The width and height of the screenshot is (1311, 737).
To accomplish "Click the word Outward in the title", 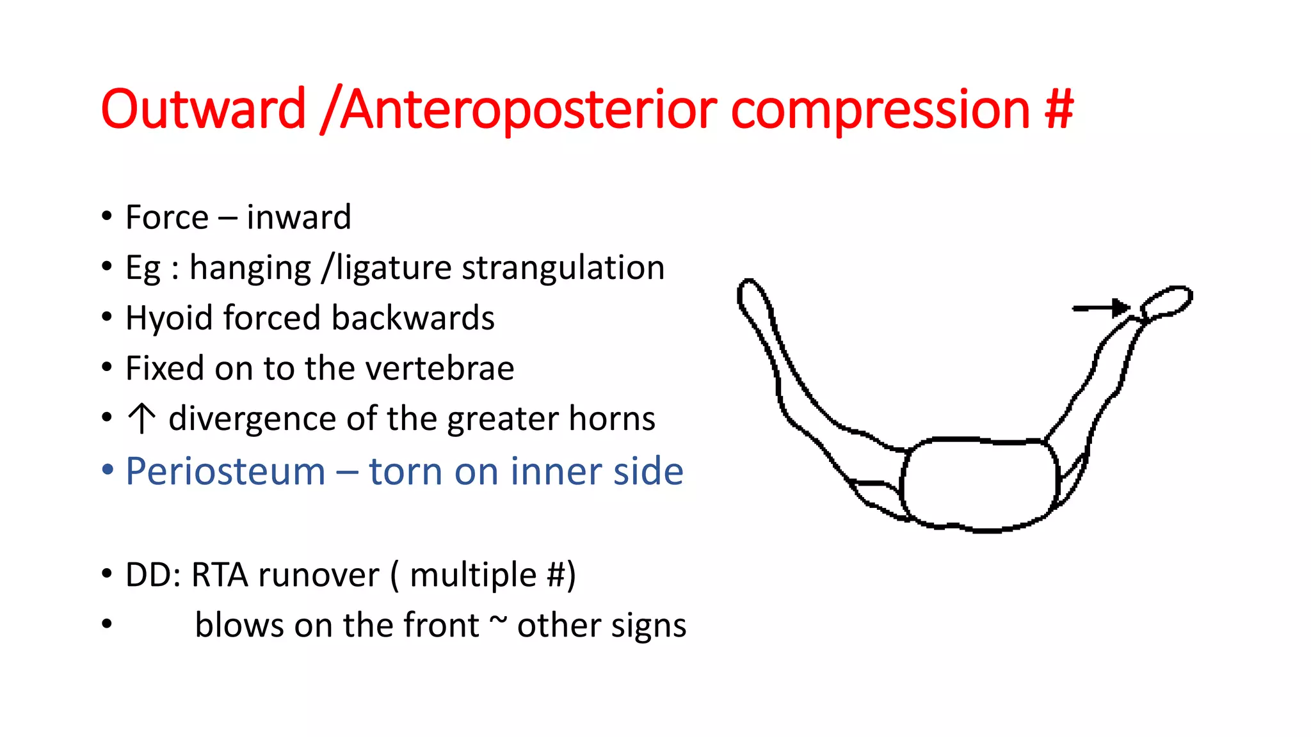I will tap(204, 109).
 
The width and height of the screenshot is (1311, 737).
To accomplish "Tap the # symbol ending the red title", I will tap(1058, 109).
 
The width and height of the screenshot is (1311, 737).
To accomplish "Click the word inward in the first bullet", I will tap(298, 218).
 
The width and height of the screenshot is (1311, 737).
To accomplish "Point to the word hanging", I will tap(250, 269).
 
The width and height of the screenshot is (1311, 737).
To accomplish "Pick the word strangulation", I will tap(563, 267).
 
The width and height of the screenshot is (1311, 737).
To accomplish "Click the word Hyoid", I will tap(168, 319).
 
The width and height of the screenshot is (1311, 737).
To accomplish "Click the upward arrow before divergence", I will tap(141, 418).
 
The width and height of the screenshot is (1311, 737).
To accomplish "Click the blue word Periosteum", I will tap(225, 472).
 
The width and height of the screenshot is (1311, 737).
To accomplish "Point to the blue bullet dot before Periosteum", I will tap(108, 470).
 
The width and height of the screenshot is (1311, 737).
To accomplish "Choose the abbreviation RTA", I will tap(220, 575).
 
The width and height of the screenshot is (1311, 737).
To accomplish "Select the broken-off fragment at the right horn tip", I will tap(1166, 301).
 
